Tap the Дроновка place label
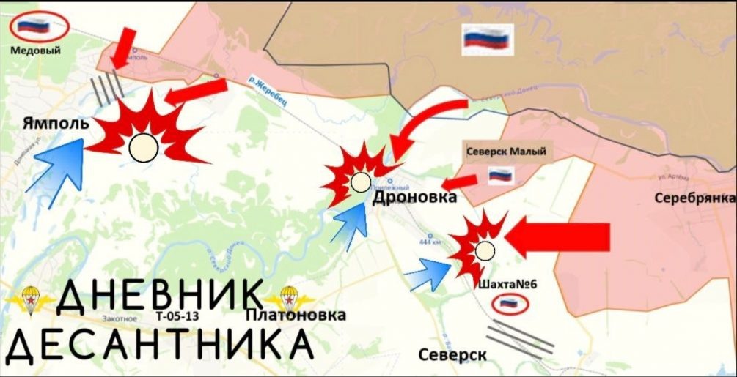point(414,198)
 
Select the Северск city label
point(453,354)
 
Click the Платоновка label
point(296,316)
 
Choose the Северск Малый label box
point(505,152)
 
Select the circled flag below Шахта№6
point(506,303)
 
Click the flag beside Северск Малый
point(501,175)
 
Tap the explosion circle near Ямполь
point(143,148)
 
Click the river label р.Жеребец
point(267,92)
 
